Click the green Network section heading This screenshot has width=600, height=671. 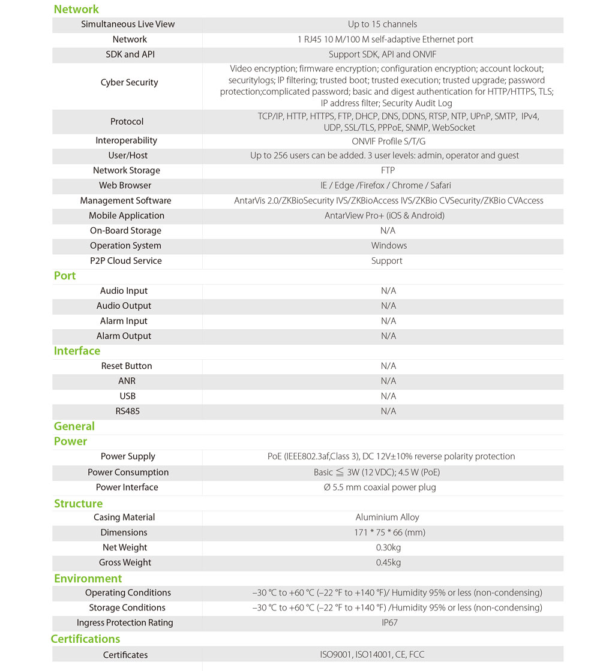[76, 9]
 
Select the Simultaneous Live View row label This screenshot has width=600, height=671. [128, 25]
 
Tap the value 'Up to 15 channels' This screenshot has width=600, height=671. [382, 25]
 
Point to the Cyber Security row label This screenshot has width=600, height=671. [129, 83]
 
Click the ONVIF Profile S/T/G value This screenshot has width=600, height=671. [388, 141]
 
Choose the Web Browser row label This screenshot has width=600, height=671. [125, 186]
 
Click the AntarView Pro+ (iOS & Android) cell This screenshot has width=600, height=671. [384, 216]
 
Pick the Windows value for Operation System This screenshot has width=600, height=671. [389, 246]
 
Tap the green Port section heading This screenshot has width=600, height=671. [65, 276]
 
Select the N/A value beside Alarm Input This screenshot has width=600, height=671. [388, 321]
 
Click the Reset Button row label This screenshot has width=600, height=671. [126, 366]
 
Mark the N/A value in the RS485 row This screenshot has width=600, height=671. [388, 411]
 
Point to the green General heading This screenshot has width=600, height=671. [74, 426]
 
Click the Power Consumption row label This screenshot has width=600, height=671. [128, 473]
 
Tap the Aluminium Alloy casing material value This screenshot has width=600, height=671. [387, 517]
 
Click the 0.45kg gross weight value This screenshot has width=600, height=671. [388, 562]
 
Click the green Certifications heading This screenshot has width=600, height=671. [85, 639]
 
